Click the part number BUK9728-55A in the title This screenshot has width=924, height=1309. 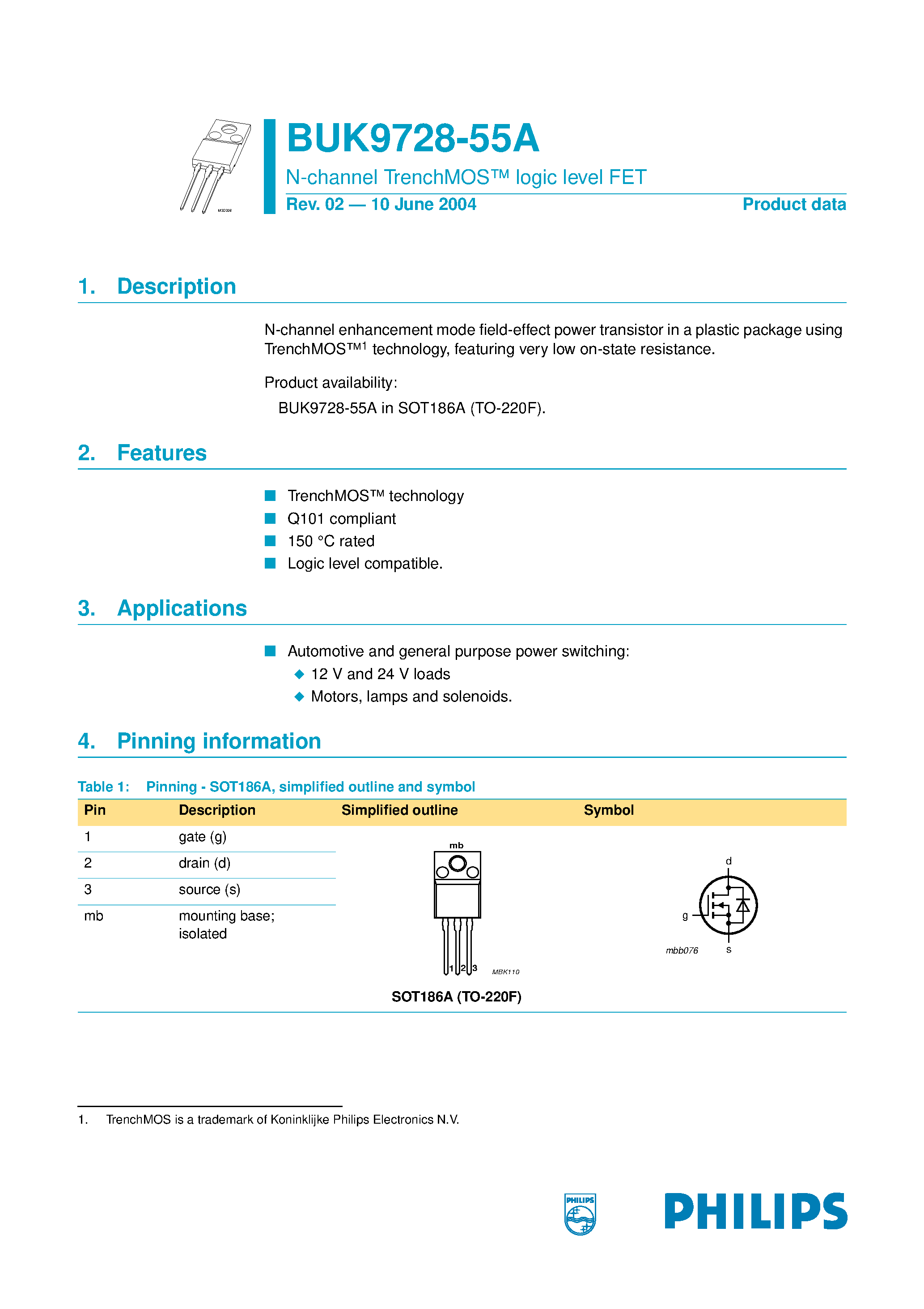coord(412,138)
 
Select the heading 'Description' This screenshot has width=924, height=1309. coord(176,286)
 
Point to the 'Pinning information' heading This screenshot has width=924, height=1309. coord(219,741)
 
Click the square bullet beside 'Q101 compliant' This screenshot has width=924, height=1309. coord(270,518)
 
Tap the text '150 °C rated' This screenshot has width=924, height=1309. coord(331,541)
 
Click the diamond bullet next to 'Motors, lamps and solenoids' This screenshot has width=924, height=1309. coord(299,697)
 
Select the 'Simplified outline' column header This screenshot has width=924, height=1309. coord(399,810)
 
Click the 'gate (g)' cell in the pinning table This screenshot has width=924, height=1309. coord(202,837)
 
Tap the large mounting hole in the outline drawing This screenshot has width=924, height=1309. coord(458,864)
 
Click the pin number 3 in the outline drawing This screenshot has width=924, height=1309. coord(475,968)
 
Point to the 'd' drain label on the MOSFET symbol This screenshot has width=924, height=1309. coord(729,861)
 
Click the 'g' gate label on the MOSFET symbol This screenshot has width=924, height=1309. coord(685,915)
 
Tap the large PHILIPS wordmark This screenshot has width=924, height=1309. coord(755,1211)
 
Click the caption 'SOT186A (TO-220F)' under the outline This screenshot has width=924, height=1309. coord(456,997)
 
